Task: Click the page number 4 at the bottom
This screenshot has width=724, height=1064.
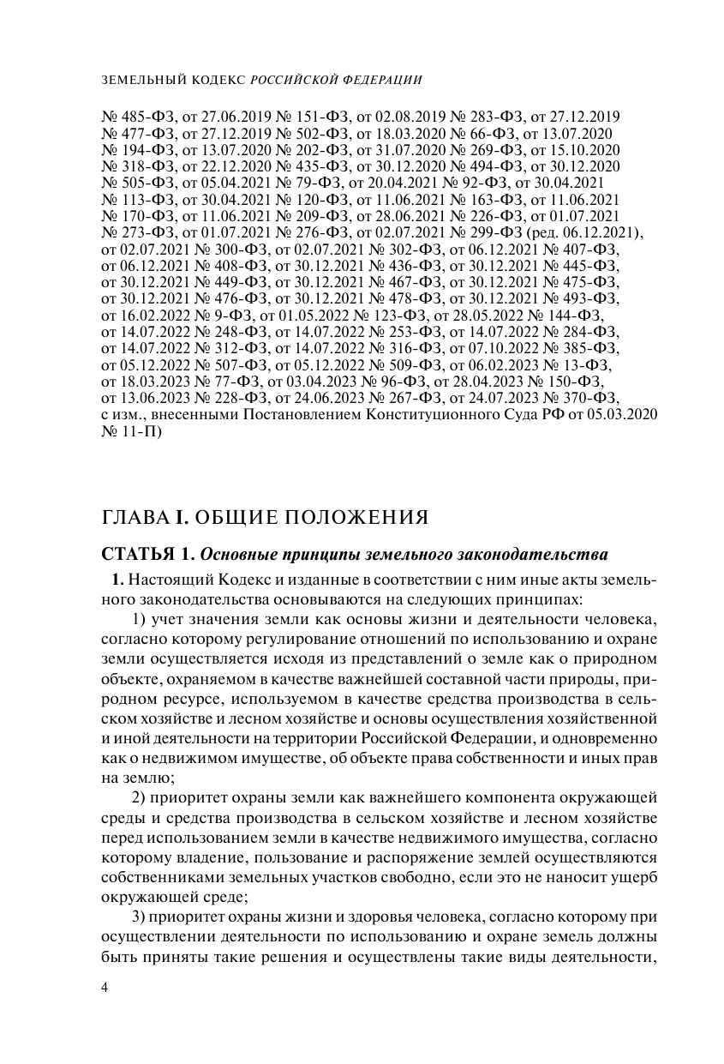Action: (x=105, y=988)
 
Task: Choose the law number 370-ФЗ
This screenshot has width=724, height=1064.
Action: (x=588, y=399)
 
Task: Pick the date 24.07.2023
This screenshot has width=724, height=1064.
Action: (x=491, y=399)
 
